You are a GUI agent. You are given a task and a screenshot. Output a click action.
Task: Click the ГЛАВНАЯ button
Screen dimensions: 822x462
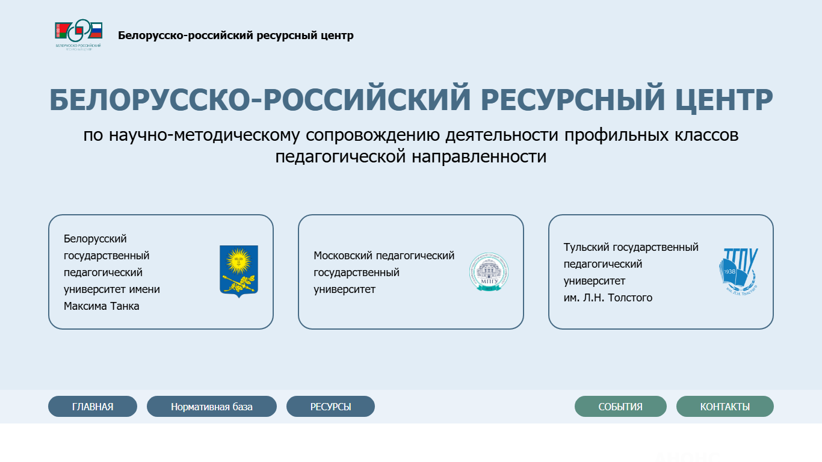click(x=93, y=406)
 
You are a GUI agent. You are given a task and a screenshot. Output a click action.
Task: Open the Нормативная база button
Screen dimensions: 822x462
click(x=212, y=406)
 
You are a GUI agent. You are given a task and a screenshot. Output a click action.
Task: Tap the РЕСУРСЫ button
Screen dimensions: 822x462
click(x=330, y=406)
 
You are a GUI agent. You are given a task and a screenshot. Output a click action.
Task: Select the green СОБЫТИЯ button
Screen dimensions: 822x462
click(x=620, y=406)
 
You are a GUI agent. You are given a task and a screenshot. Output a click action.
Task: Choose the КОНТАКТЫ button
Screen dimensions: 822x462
click(x=725, y=406)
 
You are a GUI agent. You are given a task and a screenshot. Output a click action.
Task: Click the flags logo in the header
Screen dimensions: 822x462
click(x=79, y=35)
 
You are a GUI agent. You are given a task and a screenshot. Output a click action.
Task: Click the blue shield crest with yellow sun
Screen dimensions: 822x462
click(x=239, y=271)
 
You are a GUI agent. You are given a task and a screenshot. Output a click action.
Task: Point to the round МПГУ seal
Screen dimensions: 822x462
click(x=489, y=272)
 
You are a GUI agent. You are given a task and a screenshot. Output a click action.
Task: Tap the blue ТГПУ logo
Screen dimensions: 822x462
click(x=738, y=271)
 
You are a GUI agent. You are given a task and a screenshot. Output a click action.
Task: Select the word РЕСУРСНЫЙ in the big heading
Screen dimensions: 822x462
click(x=573, y=99)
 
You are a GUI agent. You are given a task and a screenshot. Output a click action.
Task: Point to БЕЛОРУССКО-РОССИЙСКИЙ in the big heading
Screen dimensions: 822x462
click(x=260, y=99)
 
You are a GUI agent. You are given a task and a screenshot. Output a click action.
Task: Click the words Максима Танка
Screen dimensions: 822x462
click(x=101, y=306)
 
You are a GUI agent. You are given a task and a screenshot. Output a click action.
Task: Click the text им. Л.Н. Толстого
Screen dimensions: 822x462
click(x=608, y=298)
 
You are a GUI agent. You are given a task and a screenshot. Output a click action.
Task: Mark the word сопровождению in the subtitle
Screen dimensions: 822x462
click(x=373, y=135)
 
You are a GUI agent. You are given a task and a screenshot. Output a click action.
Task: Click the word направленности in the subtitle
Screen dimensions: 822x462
click(x=479, y=157)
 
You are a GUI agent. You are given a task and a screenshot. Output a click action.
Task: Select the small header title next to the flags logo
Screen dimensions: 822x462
click(x=236, y=35)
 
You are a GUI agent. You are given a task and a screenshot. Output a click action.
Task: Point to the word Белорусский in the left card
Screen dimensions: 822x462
click(x=95, y=239)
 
